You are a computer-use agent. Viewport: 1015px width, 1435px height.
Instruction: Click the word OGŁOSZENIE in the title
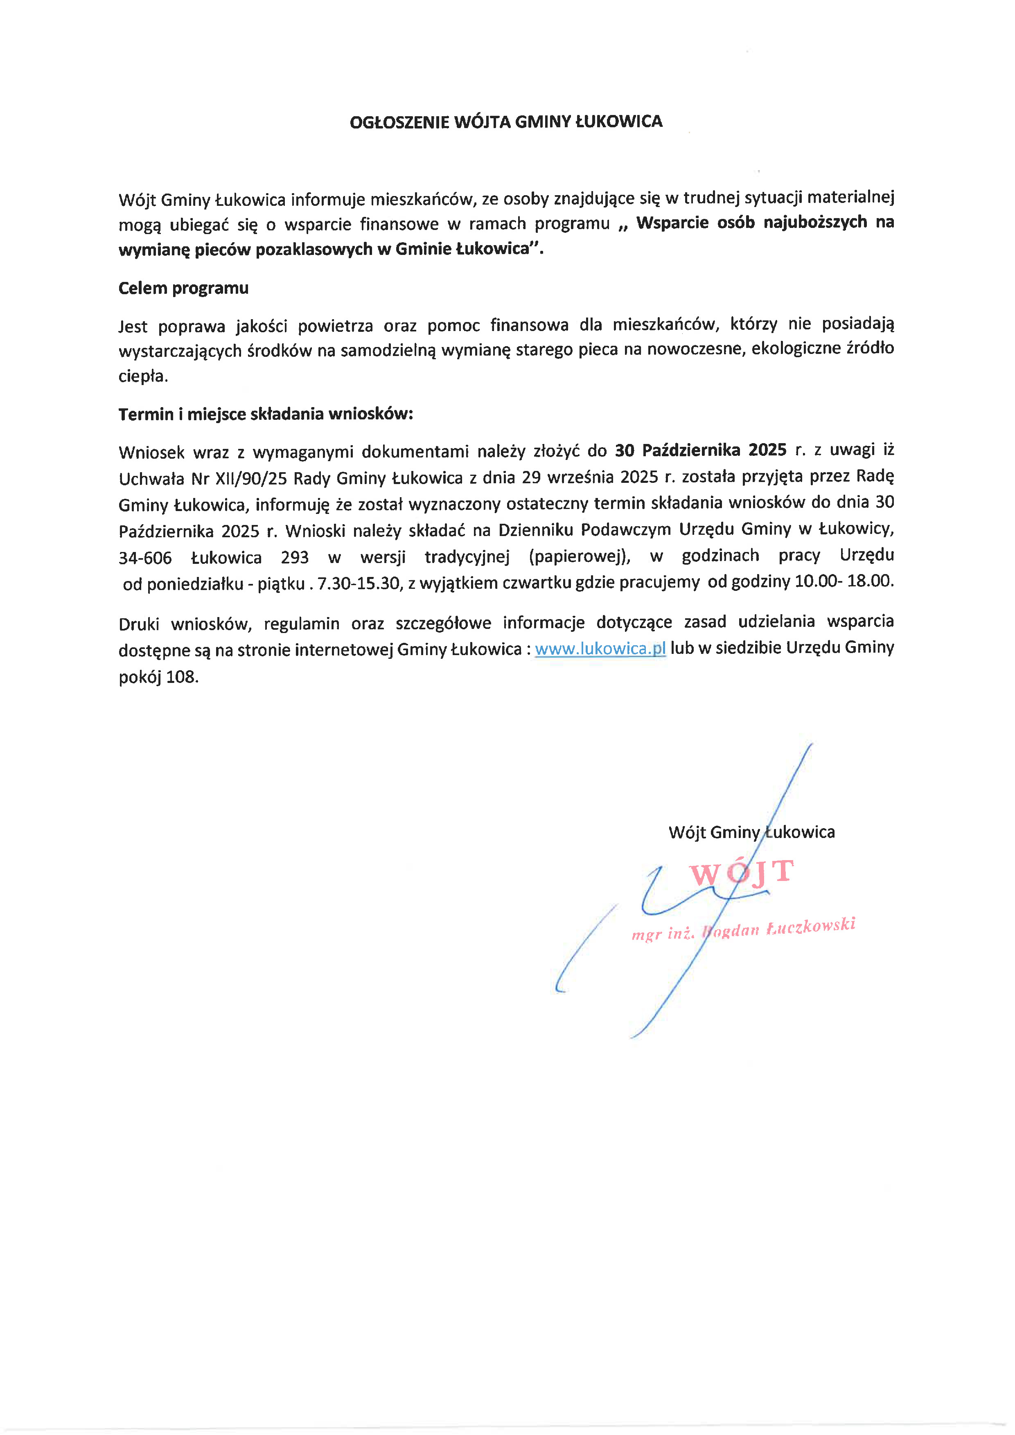pos(399,122)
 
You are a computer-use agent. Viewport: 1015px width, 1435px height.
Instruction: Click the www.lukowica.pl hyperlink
pos(600,649)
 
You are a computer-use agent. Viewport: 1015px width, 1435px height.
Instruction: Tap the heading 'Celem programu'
pos(183,288)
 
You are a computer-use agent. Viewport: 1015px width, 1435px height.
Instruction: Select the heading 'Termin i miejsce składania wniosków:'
pos(266,415)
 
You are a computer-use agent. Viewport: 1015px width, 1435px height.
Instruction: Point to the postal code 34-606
pos(145,557)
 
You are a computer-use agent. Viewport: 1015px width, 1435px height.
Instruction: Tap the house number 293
pos(294,557)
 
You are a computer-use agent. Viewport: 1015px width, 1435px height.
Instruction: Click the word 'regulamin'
pos(301,624)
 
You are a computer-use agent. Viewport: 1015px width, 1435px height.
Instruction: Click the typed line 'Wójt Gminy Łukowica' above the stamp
pos(751,832)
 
